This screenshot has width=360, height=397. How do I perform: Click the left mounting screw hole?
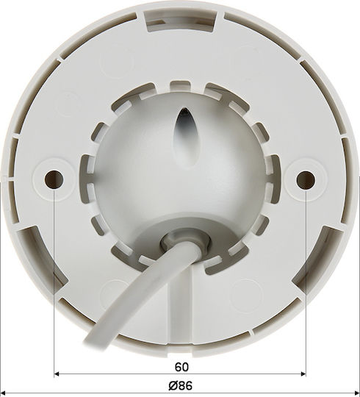point(54,179)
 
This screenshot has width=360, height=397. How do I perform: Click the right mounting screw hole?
point(306,180)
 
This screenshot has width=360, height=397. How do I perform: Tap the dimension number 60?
point(181,367)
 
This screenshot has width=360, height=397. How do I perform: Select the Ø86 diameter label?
point(181,386)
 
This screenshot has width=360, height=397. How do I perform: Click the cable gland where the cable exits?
point(186,242)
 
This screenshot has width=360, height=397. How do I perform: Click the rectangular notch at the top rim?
point(181,21)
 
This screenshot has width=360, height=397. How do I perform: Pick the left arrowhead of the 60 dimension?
point(57,373)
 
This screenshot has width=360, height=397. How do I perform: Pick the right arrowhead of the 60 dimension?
point(303,373)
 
